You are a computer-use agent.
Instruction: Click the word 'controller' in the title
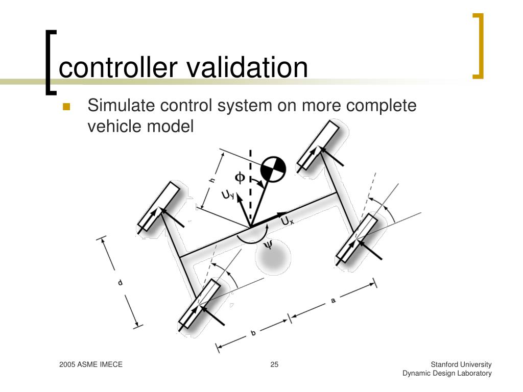[116, 68]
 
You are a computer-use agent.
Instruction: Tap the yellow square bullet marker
[66, 107]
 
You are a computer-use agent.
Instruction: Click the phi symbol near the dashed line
[240, 177]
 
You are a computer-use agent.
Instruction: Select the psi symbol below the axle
[268, 246]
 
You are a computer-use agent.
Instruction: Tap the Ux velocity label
[287, 222]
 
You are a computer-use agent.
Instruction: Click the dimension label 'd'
[120, 282]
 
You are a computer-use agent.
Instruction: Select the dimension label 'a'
[333, 301]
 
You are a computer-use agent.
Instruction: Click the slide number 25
[274, 364]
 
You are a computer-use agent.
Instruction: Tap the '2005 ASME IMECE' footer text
[90, 364]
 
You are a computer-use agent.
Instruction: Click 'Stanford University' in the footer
[461, 364]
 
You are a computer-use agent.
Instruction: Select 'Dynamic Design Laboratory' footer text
[447, 373]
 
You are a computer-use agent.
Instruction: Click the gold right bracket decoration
[479, 46]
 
